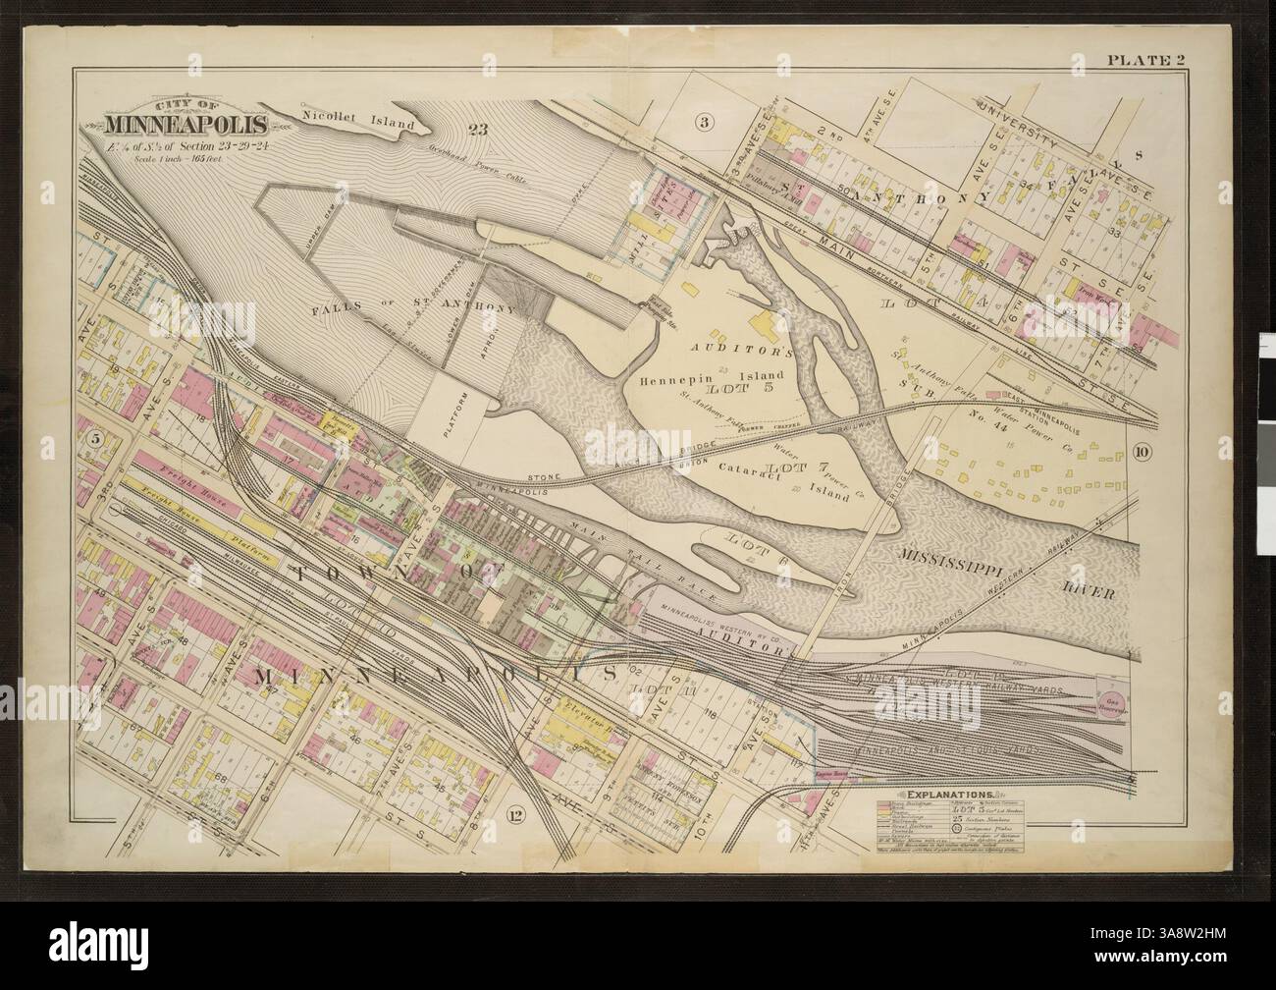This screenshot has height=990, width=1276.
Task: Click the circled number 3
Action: (703, 122)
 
